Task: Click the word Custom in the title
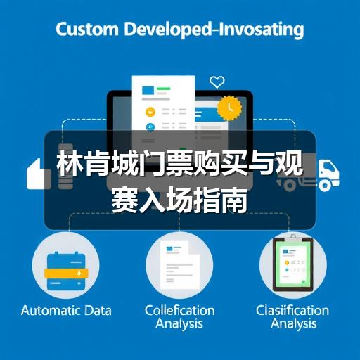pyautogui.click(x=87, y=29)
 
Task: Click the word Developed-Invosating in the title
pyautogui.click(x=214, y=30)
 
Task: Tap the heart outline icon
pyautogui.click(x=217, y=82)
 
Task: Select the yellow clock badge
pyautogui.click(x=229, y=108)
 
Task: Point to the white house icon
pyautogui.click(x=39, y=174)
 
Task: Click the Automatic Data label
pyautogui.click(x=66, y=311)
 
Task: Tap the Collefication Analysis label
pyautogui.click(x=179, y=317)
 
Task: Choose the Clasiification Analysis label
pyautogui.click(x=292, y=317)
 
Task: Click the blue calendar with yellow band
pyautogui.click(x=66, y=271)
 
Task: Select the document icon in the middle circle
pyautogui.click(x=179, y=265)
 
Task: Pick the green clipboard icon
pyautogui.click(x=293, y=264)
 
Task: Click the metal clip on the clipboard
pyautogui.click(x=292, y=238)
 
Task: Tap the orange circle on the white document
pyautogui.click(x=150, y=112)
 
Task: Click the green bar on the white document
pyautogui.click(x=164, y=89)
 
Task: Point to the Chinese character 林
pyautogui.click(x=70, y=162)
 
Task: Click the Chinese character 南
pyautogui.click(x=234, y=200)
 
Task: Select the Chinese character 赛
pyautogui.click(x=124, y=200)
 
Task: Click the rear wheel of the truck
pyautogui.click(x=290, y=185)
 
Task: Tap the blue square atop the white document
pyautogui.click(x=148, y=90)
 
